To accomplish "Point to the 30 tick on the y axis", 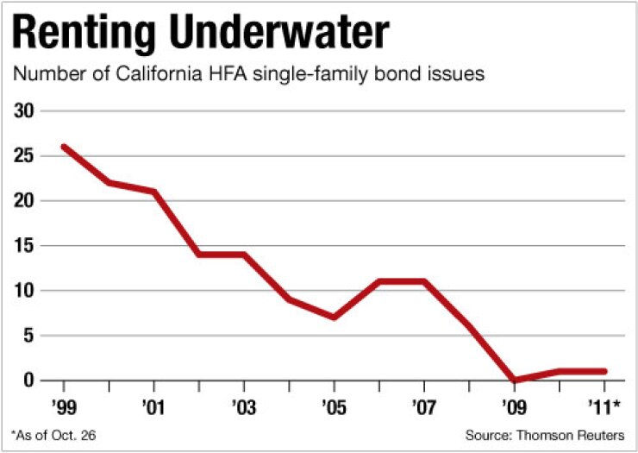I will (x=26, y=111).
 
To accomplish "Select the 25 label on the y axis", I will (x=26, y=156).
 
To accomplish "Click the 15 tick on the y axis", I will (x=26, y=246).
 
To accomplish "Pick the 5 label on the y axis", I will (x=30, y=336).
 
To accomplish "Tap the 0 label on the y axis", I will (x=30, y=381).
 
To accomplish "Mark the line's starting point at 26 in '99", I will (x=65, y=147).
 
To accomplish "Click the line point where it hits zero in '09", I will (x=514, y=380).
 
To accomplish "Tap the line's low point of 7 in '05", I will (x=334, y=317).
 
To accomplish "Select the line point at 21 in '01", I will (x=154, y=192).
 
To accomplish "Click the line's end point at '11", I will (x=604, y=371).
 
